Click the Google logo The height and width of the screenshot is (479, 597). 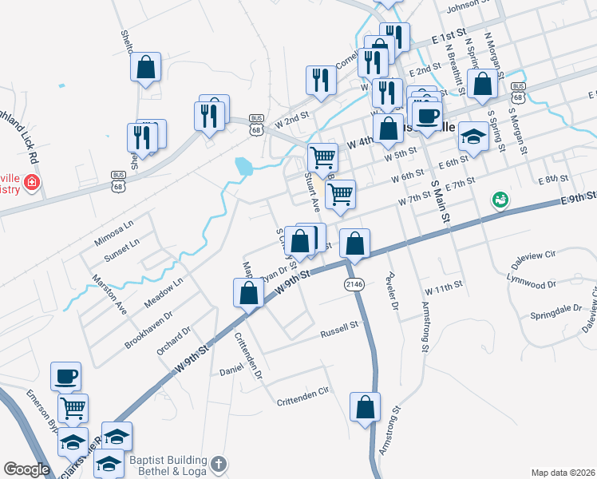pos(26,469)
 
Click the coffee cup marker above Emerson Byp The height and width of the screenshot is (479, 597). pos(65,375)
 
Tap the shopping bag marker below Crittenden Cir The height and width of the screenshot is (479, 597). pos(366,407)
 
